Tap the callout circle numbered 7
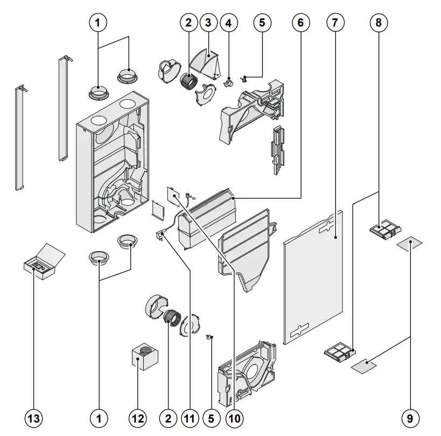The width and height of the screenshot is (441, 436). coord(334,23)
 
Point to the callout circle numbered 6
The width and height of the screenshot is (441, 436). coord(300,23)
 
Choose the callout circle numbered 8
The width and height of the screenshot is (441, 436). coord(379,23)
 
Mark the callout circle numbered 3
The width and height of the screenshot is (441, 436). coord(207,23)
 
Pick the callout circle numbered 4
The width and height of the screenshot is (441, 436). coord(228,23)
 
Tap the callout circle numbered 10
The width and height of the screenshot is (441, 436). coord(235,418)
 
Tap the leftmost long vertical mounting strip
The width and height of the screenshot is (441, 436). coord(20,137)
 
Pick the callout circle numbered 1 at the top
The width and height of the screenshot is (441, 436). coord(97,23)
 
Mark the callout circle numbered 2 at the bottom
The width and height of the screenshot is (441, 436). coord(168,418)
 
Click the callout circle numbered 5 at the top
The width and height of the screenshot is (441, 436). coord(262,23)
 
